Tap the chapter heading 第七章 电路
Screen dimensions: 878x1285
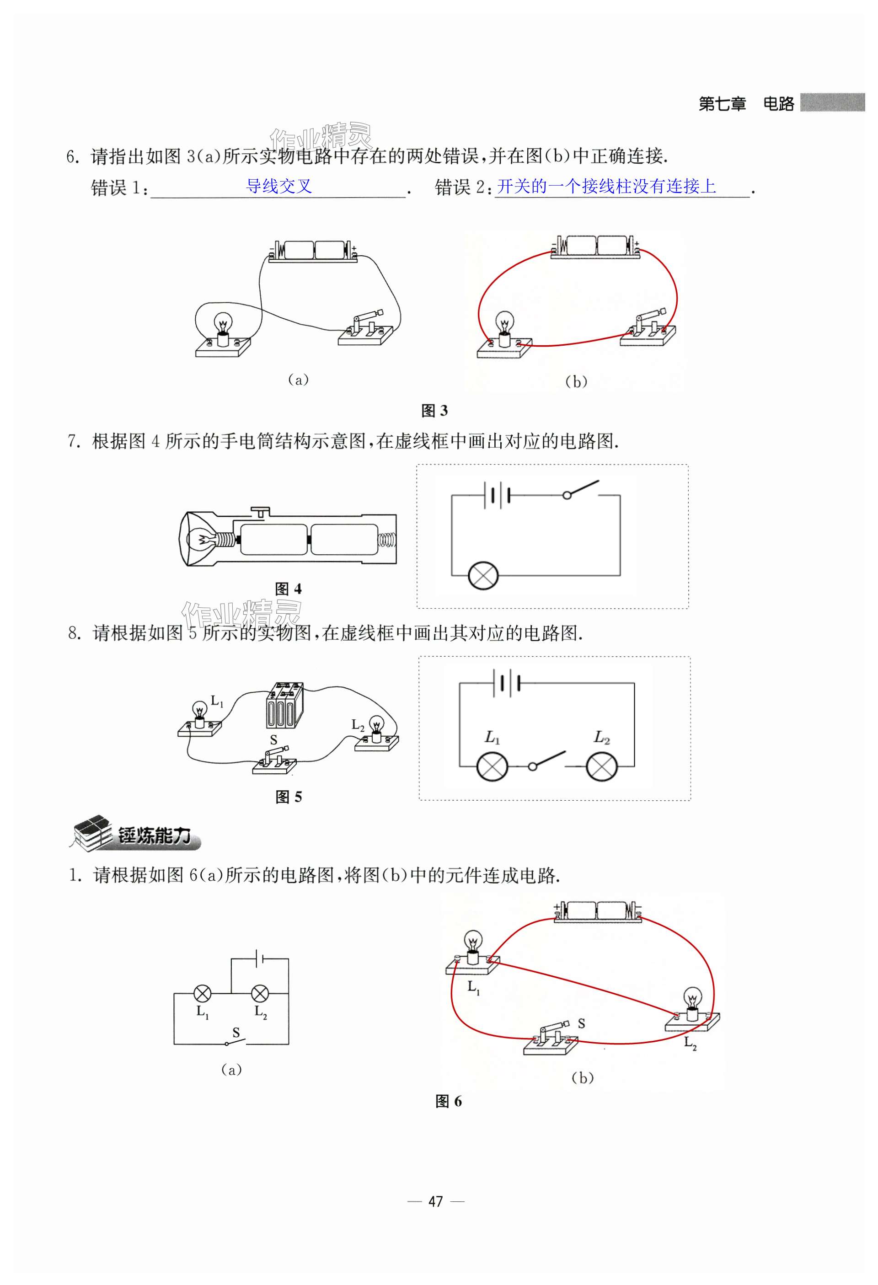coord(746,103)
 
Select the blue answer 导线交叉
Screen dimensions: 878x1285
coord(278,186)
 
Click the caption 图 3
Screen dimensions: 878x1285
coord(434,410)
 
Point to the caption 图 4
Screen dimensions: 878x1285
coord(288,589)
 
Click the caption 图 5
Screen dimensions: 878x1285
coord(289,797)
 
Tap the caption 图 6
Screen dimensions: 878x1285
coord(449,1101)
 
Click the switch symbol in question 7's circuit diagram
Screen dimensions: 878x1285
coord(581,489)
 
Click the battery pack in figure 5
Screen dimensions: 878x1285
coord(284,704)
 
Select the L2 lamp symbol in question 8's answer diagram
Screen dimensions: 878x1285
coord(601,766)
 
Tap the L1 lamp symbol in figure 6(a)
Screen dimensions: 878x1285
coord(203,994)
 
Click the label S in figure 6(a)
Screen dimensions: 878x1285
coord(236,1032)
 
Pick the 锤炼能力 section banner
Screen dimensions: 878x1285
coord(135,835)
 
